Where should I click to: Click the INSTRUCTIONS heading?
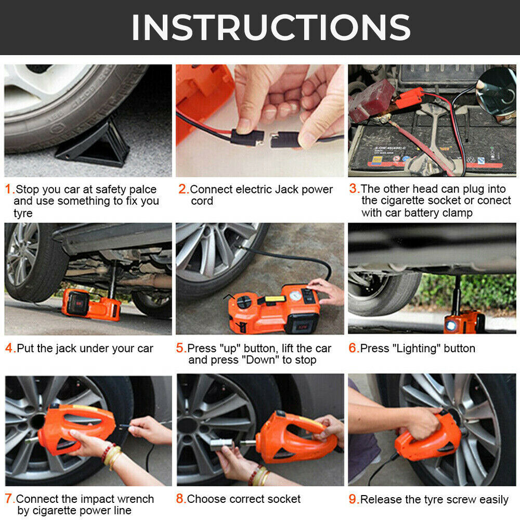pyautogui.click(x=271, y=27)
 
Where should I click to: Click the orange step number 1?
pyautogui.click(x=9, y=189)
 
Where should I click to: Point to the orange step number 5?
pyautogui.click(x=181, y=348)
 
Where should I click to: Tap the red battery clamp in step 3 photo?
pyautogui.click(x=408, y=98)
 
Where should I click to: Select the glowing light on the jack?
pyautogui.click(x=451, y=326)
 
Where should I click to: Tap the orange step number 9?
pyautogui.click(x=354, y=499)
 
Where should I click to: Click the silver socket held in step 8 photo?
pyautogui.click(x=221, y=444)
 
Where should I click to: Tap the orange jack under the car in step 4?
pyautogui.click(x=91, y=304)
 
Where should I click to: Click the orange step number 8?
pyautogui.click(x=180, y=499)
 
